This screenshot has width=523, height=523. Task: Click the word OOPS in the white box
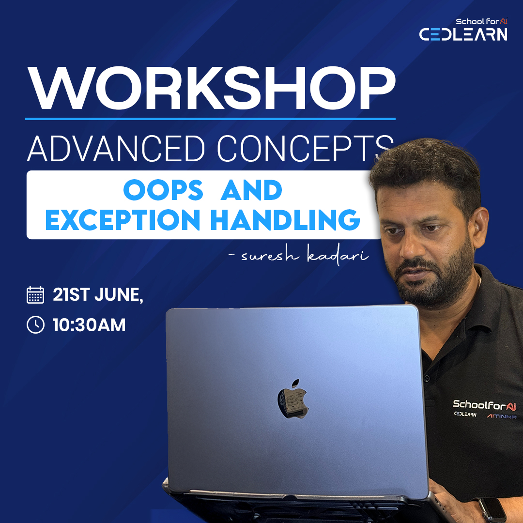click(x=163, y=190)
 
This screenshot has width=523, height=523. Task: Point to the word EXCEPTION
click(x=122, y=219)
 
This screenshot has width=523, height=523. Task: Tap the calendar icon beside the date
click(x=35, y=295)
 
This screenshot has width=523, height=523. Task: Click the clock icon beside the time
click(x=35, y=325)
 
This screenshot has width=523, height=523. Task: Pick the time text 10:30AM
click(x=89, y=325)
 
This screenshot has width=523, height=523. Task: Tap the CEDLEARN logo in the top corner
click(x=463, y=34)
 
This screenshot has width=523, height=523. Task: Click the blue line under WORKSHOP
click(x=211, y=118)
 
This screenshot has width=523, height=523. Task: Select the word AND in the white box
click(x=251, y=190)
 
